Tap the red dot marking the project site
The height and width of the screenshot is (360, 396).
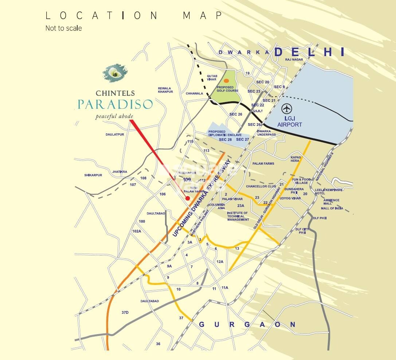[188, 198]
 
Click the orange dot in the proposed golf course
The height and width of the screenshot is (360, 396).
[226, 81]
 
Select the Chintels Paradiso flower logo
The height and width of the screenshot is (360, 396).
[115, 74]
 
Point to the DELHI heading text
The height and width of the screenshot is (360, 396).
[309, 52]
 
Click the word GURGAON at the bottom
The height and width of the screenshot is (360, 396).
[248, 324]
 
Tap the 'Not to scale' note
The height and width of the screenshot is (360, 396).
[63, 28]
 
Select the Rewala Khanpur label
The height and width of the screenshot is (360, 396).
[165, 90]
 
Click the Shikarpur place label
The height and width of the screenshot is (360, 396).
[93, 175]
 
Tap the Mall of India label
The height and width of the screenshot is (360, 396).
[332, 208]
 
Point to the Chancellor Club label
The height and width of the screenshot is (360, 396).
[261, 187]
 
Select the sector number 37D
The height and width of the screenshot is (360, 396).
[125, 313]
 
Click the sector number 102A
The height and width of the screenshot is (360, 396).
[137, 231]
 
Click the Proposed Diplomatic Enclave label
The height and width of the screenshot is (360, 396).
[222, 133]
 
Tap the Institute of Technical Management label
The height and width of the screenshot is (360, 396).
[238, 216]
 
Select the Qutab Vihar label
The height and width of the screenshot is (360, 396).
[212, 77]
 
